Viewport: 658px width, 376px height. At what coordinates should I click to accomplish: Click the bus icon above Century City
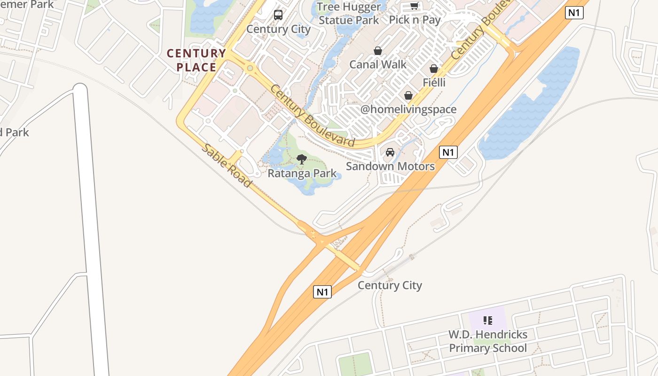tap(278, 15)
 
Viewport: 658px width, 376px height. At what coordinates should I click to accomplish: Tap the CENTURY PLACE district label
tap(196, 60)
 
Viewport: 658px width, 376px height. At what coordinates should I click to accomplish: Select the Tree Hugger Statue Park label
tap(349, 14)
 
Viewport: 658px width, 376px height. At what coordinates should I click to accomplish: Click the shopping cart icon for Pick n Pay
tap(414, 6)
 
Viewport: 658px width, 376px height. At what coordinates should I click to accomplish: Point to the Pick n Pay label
tap(415, 20)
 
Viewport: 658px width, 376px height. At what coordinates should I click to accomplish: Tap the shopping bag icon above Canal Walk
tap(378, 51)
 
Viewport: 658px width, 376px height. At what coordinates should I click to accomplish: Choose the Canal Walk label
tap(378, 64)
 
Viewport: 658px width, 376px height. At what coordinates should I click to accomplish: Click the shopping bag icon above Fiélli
tap(434, 69)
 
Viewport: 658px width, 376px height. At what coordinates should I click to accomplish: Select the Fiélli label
tap(434, 83)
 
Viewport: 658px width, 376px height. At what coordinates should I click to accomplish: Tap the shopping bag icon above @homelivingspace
tap(408, 96)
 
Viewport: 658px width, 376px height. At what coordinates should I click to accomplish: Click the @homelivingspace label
tap(408, 110)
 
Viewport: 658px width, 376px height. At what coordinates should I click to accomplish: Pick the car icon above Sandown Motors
tap(390, 152)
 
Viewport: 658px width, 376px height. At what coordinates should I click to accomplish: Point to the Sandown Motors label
tap(390, 166)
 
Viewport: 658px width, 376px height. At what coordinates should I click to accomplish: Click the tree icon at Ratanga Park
tap(302, 159)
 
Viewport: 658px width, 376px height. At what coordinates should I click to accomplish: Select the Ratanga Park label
tap(302, 173)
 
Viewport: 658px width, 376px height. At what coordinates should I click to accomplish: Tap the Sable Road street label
tap(227, 165)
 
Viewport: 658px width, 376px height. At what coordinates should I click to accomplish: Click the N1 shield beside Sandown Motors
tap(448, 152)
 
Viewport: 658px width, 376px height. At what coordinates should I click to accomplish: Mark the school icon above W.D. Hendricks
tap(488, 321)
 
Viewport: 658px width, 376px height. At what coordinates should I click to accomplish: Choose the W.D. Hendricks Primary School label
tap(488, 341)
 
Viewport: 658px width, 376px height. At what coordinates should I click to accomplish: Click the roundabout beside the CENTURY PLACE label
tap(250, 69)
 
